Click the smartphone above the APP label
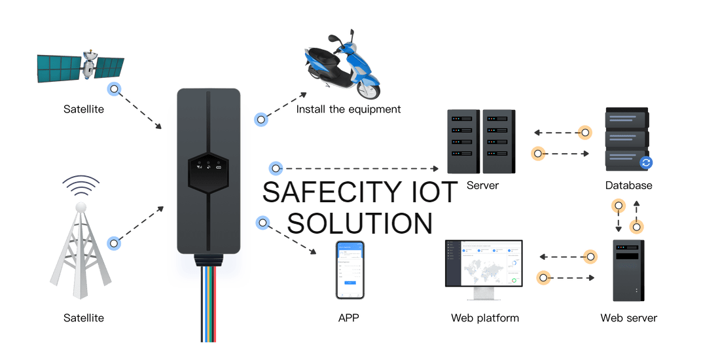(350, 270)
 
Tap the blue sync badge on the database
(646, 162)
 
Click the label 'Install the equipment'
(348, 109)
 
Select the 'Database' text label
(628, 185)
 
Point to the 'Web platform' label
(484, 318)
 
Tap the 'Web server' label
(628, 318)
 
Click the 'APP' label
(349, 318)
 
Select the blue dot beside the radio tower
(115, 243)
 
